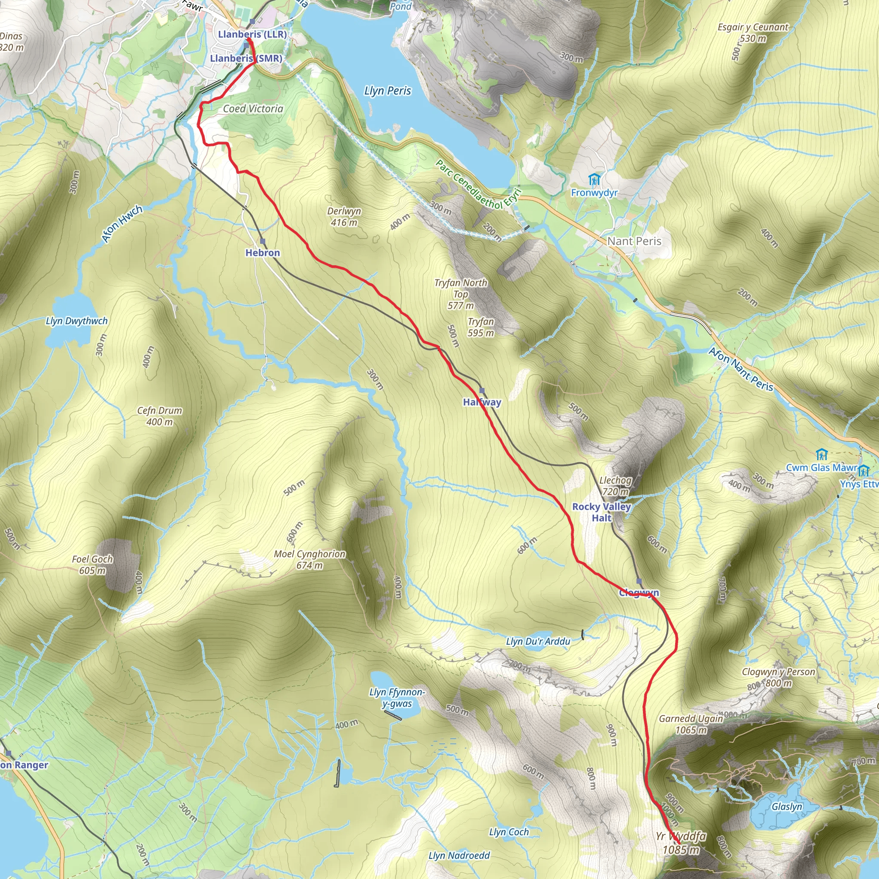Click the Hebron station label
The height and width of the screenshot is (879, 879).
pyautogui.click(x=263, y=253)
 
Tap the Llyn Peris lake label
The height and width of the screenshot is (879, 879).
pyautogui.click(x=387, y=91)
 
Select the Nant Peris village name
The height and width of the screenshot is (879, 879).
pyautogui.click(x=634, y=241)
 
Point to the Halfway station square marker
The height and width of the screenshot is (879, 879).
pyautogui.click(x=482, y=391)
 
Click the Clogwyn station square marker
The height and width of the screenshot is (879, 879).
pyautogui.click(x=639, y=582)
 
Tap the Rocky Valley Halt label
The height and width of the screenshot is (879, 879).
pyautogui.click(x=601, y=512)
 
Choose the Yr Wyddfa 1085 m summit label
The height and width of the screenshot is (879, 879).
pyautogui.click(x=681, y=843)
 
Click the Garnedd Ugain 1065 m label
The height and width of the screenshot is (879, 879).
pyautogui.click(x=691, y=724)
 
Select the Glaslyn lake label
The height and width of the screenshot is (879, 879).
pyautogui.click(x=787, y=806)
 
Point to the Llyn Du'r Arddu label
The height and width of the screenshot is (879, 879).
pyautogui.click(x=538, y=642)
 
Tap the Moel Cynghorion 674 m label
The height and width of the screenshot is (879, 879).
pyautogui.click(x=309, y=560)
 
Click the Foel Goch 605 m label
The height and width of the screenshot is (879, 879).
pyautogui.click(x=92, y=565)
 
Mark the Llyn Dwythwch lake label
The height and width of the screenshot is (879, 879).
pyautogui.click(x=77, y=321)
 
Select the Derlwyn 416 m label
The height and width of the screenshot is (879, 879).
pyautogui.click(x=344, y=217)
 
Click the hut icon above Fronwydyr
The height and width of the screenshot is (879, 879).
pyautogui.click(x=594, y=179)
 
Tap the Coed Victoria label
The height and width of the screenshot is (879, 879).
pyautogui.click(x=253, y=109)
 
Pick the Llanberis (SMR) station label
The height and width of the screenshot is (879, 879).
pyautogui.click(x=246, y=58)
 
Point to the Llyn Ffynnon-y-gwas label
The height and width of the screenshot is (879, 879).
pyautogui.click(x=397, y=698)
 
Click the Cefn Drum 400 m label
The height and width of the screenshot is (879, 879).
pyautogui.click(x=160, y=416)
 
